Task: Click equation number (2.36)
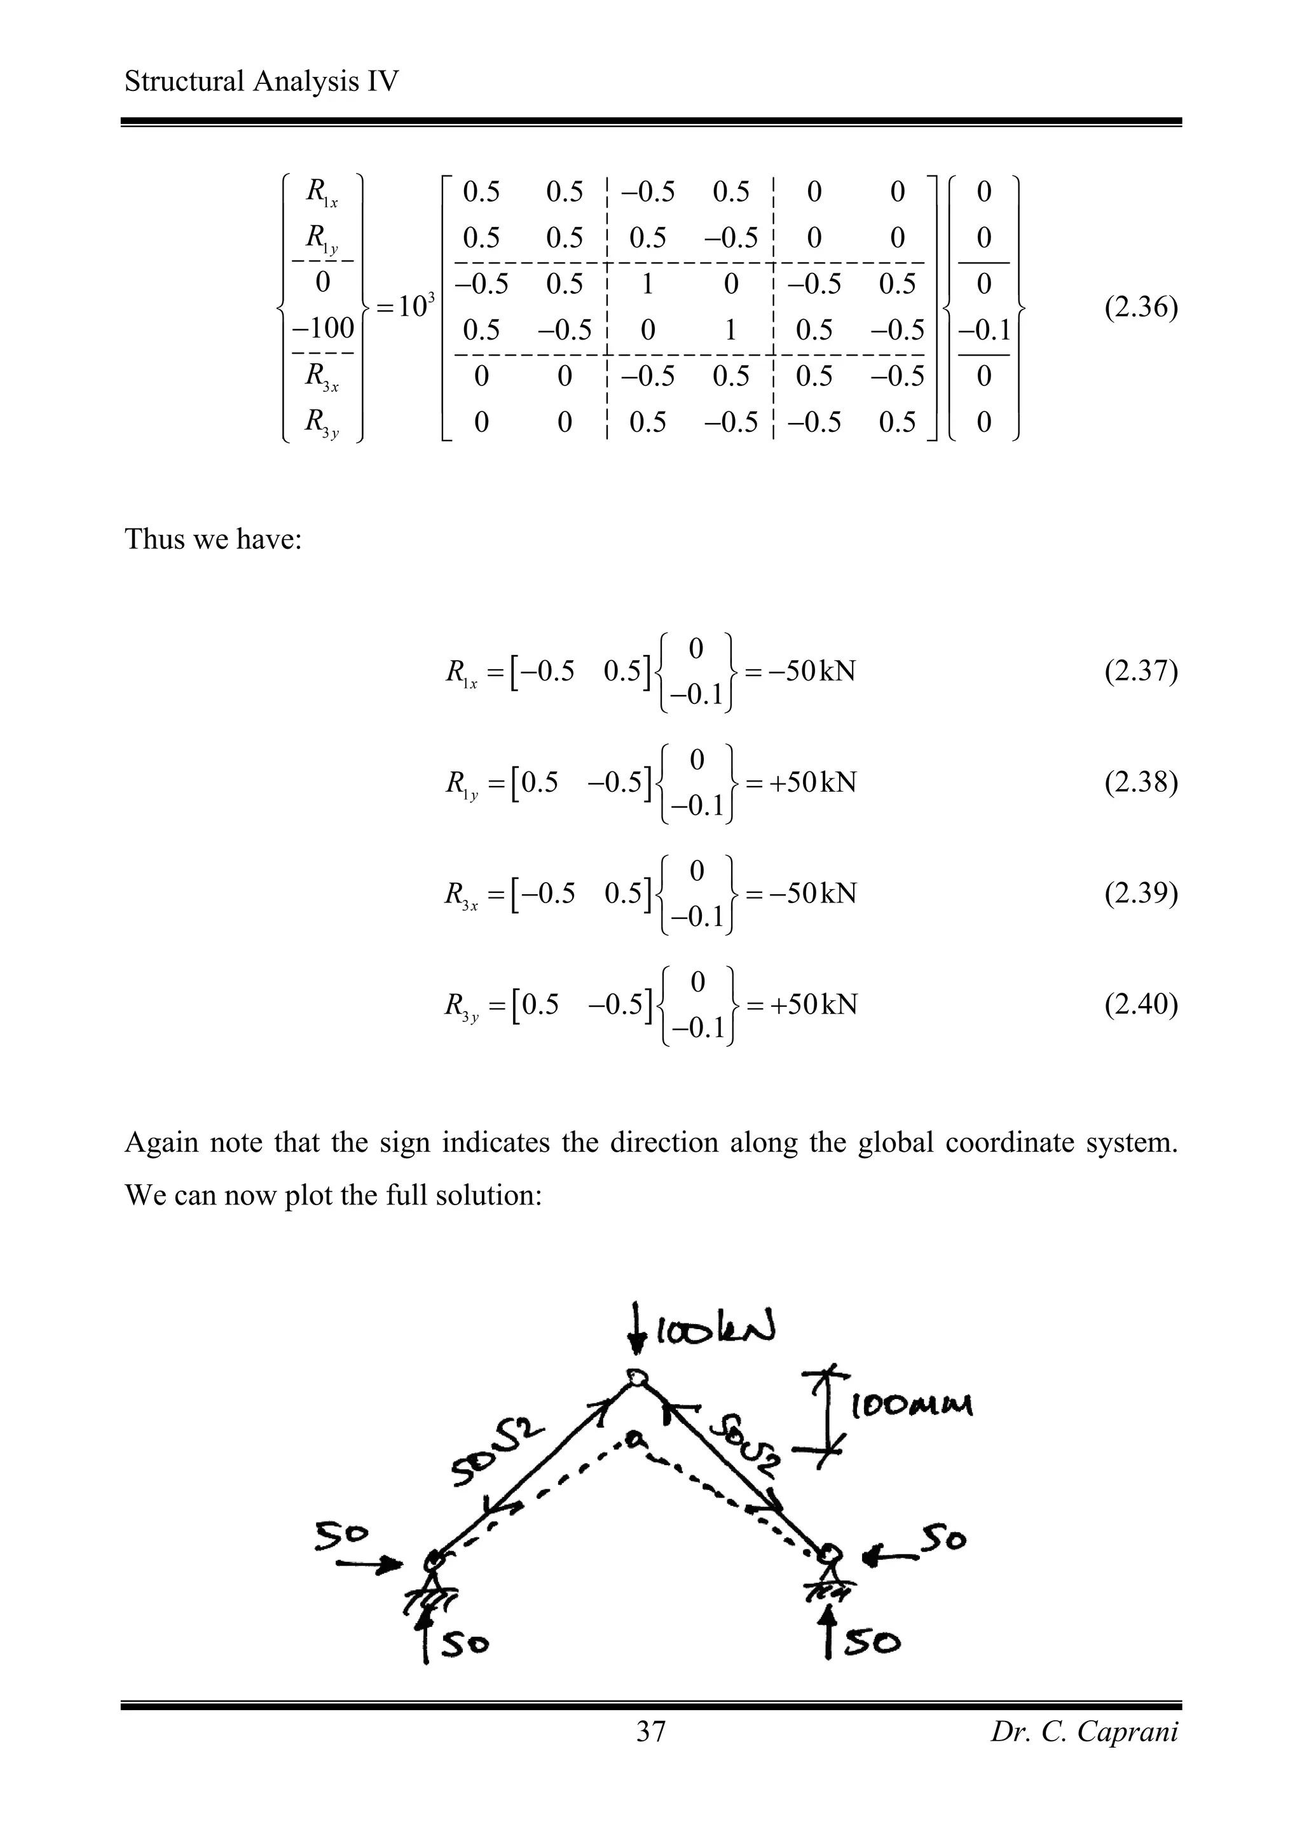(x=1140, y=307)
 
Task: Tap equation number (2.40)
(x=1140, y=1004)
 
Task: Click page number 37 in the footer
(x=650, y=1732)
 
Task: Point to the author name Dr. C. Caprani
(x=1084, y=1732)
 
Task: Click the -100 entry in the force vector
(x=322, y=328)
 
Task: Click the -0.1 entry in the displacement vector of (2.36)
(x=983, y=330)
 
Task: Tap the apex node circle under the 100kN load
(x=637, y=1377)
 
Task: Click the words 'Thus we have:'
(x=212, y=539)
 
